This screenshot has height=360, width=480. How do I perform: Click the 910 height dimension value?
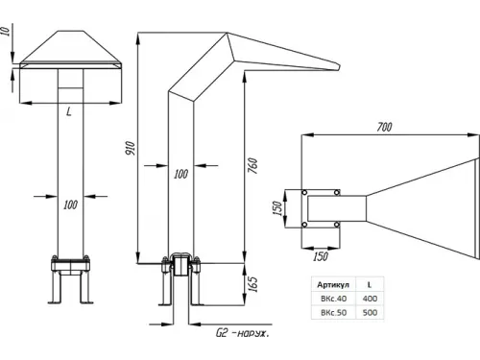click(x=131, y=149)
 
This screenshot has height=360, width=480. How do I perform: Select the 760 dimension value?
click(x=252, y=166)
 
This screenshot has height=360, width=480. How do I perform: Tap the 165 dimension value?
click(x=252, y=284)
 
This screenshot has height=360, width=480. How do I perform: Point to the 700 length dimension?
click(x=384, y=127)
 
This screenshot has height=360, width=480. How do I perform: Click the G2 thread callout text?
click(x=243, y=333)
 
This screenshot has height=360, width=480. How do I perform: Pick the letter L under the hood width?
click(x=69, y=111)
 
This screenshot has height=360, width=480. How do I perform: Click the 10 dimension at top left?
click(x=7, y=31)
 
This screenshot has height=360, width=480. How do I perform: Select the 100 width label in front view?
click(x=70, y=204)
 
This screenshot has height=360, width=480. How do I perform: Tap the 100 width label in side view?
click(x=180, y=174)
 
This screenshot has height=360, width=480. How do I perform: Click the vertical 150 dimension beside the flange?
click(x=277, y=208)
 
